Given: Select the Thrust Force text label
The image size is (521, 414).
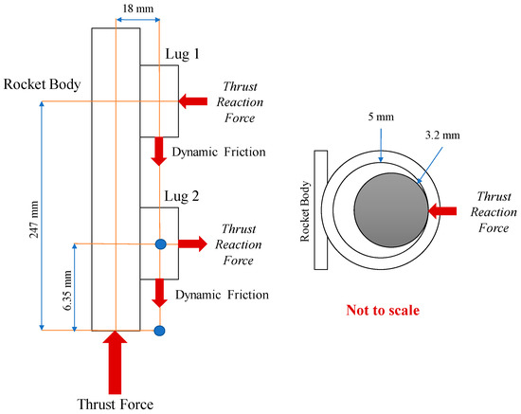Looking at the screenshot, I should tap(115, 404).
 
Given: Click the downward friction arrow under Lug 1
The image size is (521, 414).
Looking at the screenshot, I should tap(160, 151).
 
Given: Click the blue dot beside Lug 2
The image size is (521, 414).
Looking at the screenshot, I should tap(160, 244).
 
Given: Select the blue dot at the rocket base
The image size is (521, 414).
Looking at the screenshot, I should tap(160, 330).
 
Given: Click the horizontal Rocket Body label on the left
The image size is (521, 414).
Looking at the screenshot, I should tap(41, 84).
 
